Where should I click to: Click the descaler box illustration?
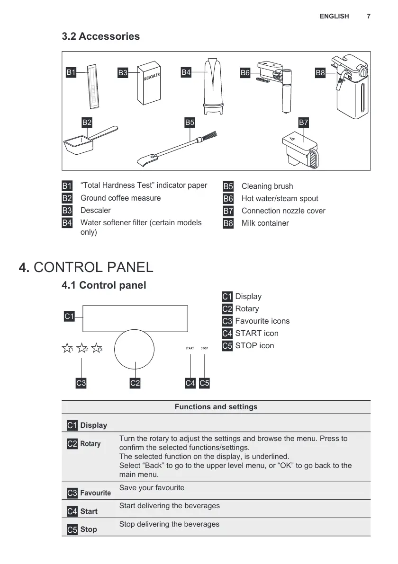click(150, 83)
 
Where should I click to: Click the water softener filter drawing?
click(213, 86)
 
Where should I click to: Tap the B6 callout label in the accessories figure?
click(245, 72)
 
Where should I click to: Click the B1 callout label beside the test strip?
click(71, 72)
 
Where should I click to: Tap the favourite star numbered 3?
click(97, 349)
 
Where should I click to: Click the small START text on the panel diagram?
click(190, 348)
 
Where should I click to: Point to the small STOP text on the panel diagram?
click(204, 348)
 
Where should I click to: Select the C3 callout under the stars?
click(81, 383)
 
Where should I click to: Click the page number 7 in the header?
click(369, 16)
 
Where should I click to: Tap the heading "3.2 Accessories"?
click(101, 36)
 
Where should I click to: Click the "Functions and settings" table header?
click(216, 407)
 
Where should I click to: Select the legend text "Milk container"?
click(265, 223)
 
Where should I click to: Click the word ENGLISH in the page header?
click(334, 16)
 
